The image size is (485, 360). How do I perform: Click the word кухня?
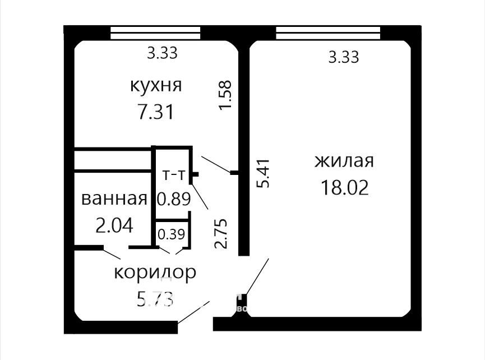[155, 85]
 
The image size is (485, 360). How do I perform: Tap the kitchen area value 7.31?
[156, 112]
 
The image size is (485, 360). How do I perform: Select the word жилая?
[344, 161]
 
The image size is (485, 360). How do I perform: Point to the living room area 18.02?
[345, 187]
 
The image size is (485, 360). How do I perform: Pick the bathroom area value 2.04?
[114, 225]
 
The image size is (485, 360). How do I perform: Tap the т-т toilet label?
[173, 175]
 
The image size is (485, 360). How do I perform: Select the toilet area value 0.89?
[173, 199]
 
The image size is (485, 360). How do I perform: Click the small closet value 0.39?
[172, 234]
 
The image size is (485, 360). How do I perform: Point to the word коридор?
[155, 273]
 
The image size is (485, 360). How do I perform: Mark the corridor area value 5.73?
[155, 299]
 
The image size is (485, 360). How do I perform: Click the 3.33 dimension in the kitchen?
[162, 53]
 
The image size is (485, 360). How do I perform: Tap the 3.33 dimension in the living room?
[344, 57]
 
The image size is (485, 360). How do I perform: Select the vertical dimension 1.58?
[225, 95]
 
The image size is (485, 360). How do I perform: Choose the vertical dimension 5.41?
[264, 173]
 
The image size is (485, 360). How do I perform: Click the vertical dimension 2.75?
[221, 233]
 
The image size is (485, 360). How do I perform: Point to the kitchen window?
[155, 33]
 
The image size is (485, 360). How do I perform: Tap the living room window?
[328, 33]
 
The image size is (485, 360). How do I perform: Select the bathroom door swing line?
[112, 253]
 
